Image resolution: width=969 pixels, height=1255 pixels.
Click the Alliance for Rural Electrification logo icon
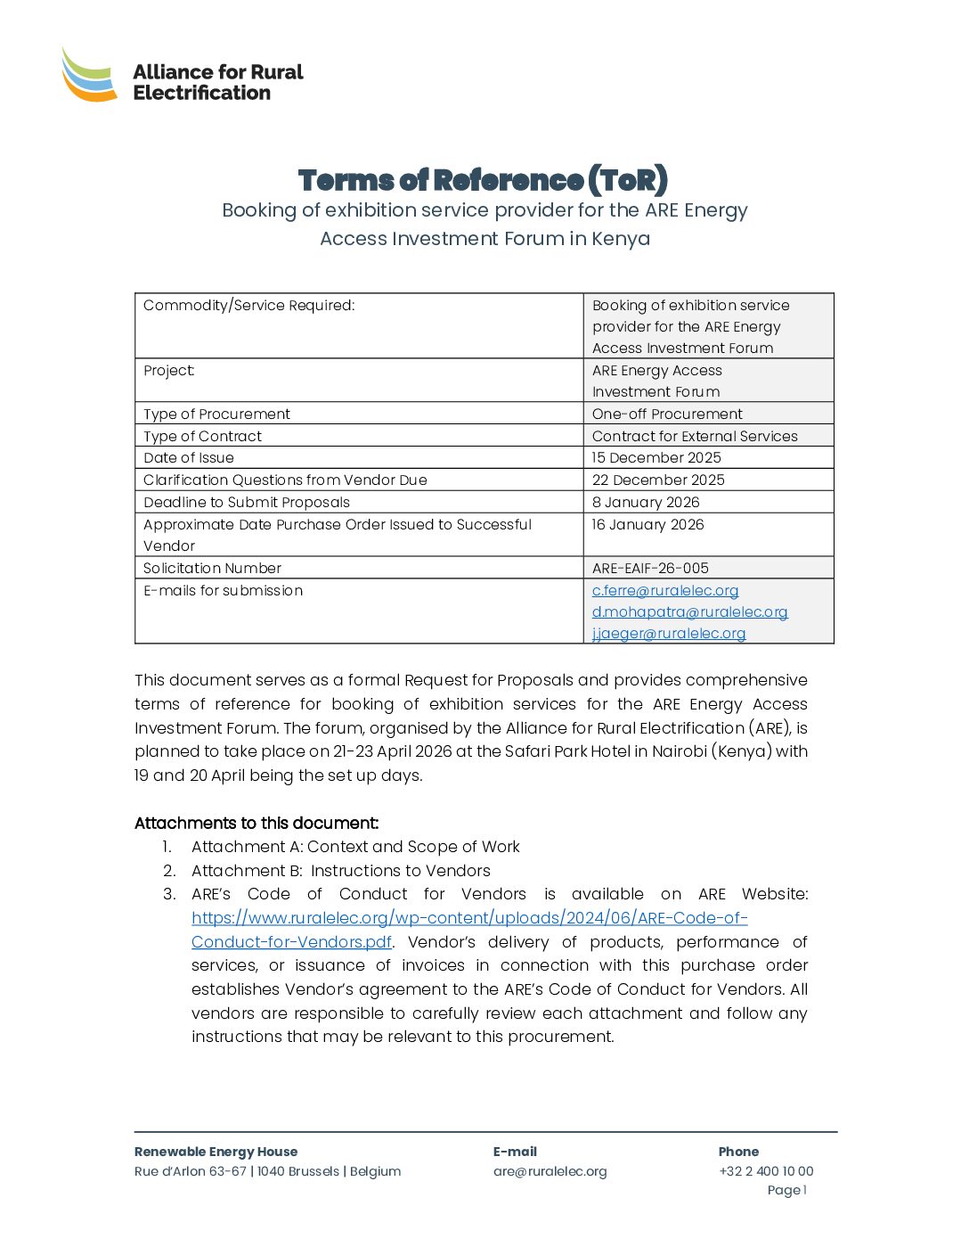pos(89,75)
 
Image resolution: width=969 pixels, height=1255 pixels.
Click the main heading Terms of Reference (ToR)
pos(483,180)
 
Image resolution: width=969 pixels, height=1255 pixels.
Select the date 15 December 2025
pos(656,458)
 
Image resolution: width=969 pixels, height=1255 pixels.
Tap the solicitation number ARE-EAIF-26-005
pos(650,569)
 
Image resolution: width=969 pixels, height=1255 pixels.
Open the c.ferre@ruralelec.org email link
pos(665,591)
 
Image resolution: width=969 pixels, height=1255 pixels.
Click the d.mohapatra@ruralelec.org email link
pos(689,612)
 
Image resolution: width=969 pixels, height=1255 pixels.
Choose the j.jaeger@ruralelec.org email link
pos(669,634)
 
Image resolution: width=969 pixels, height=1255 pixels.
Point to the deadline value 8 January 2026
pos(646,503)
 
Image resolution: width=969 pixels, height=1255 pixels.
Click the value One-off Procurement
pos(667,414)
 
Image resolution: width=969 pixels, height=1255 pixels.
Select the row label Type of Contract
pos(203,437)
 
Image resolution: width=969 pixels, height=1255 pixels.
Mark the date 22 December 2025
pos(658,480)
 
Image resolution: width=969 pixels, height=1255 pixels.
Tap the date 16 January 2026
pos(647,525)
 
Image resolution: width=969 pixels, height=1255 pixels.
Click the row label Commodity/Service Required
pos(249,306)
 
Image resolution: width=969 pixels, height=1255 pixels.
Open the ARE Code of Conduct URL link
pos(469,918)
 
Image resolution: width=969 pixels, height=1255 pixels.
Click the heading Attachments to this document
pos(256,824)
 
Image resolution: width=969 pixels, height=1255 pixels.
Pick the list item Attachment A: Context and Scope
pos(355,847)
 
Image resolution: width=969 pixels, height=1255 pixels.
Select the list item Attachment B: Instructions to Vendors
pos(340,871)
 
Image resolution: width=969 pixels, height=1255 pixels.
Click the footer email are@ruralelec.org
pos(550,1171)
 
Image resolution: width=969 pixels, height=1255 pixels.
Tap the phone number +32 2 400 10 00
pos(766,1171)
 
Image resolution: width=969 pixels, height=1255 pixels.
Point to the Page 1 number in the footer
pos(786,1191)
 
